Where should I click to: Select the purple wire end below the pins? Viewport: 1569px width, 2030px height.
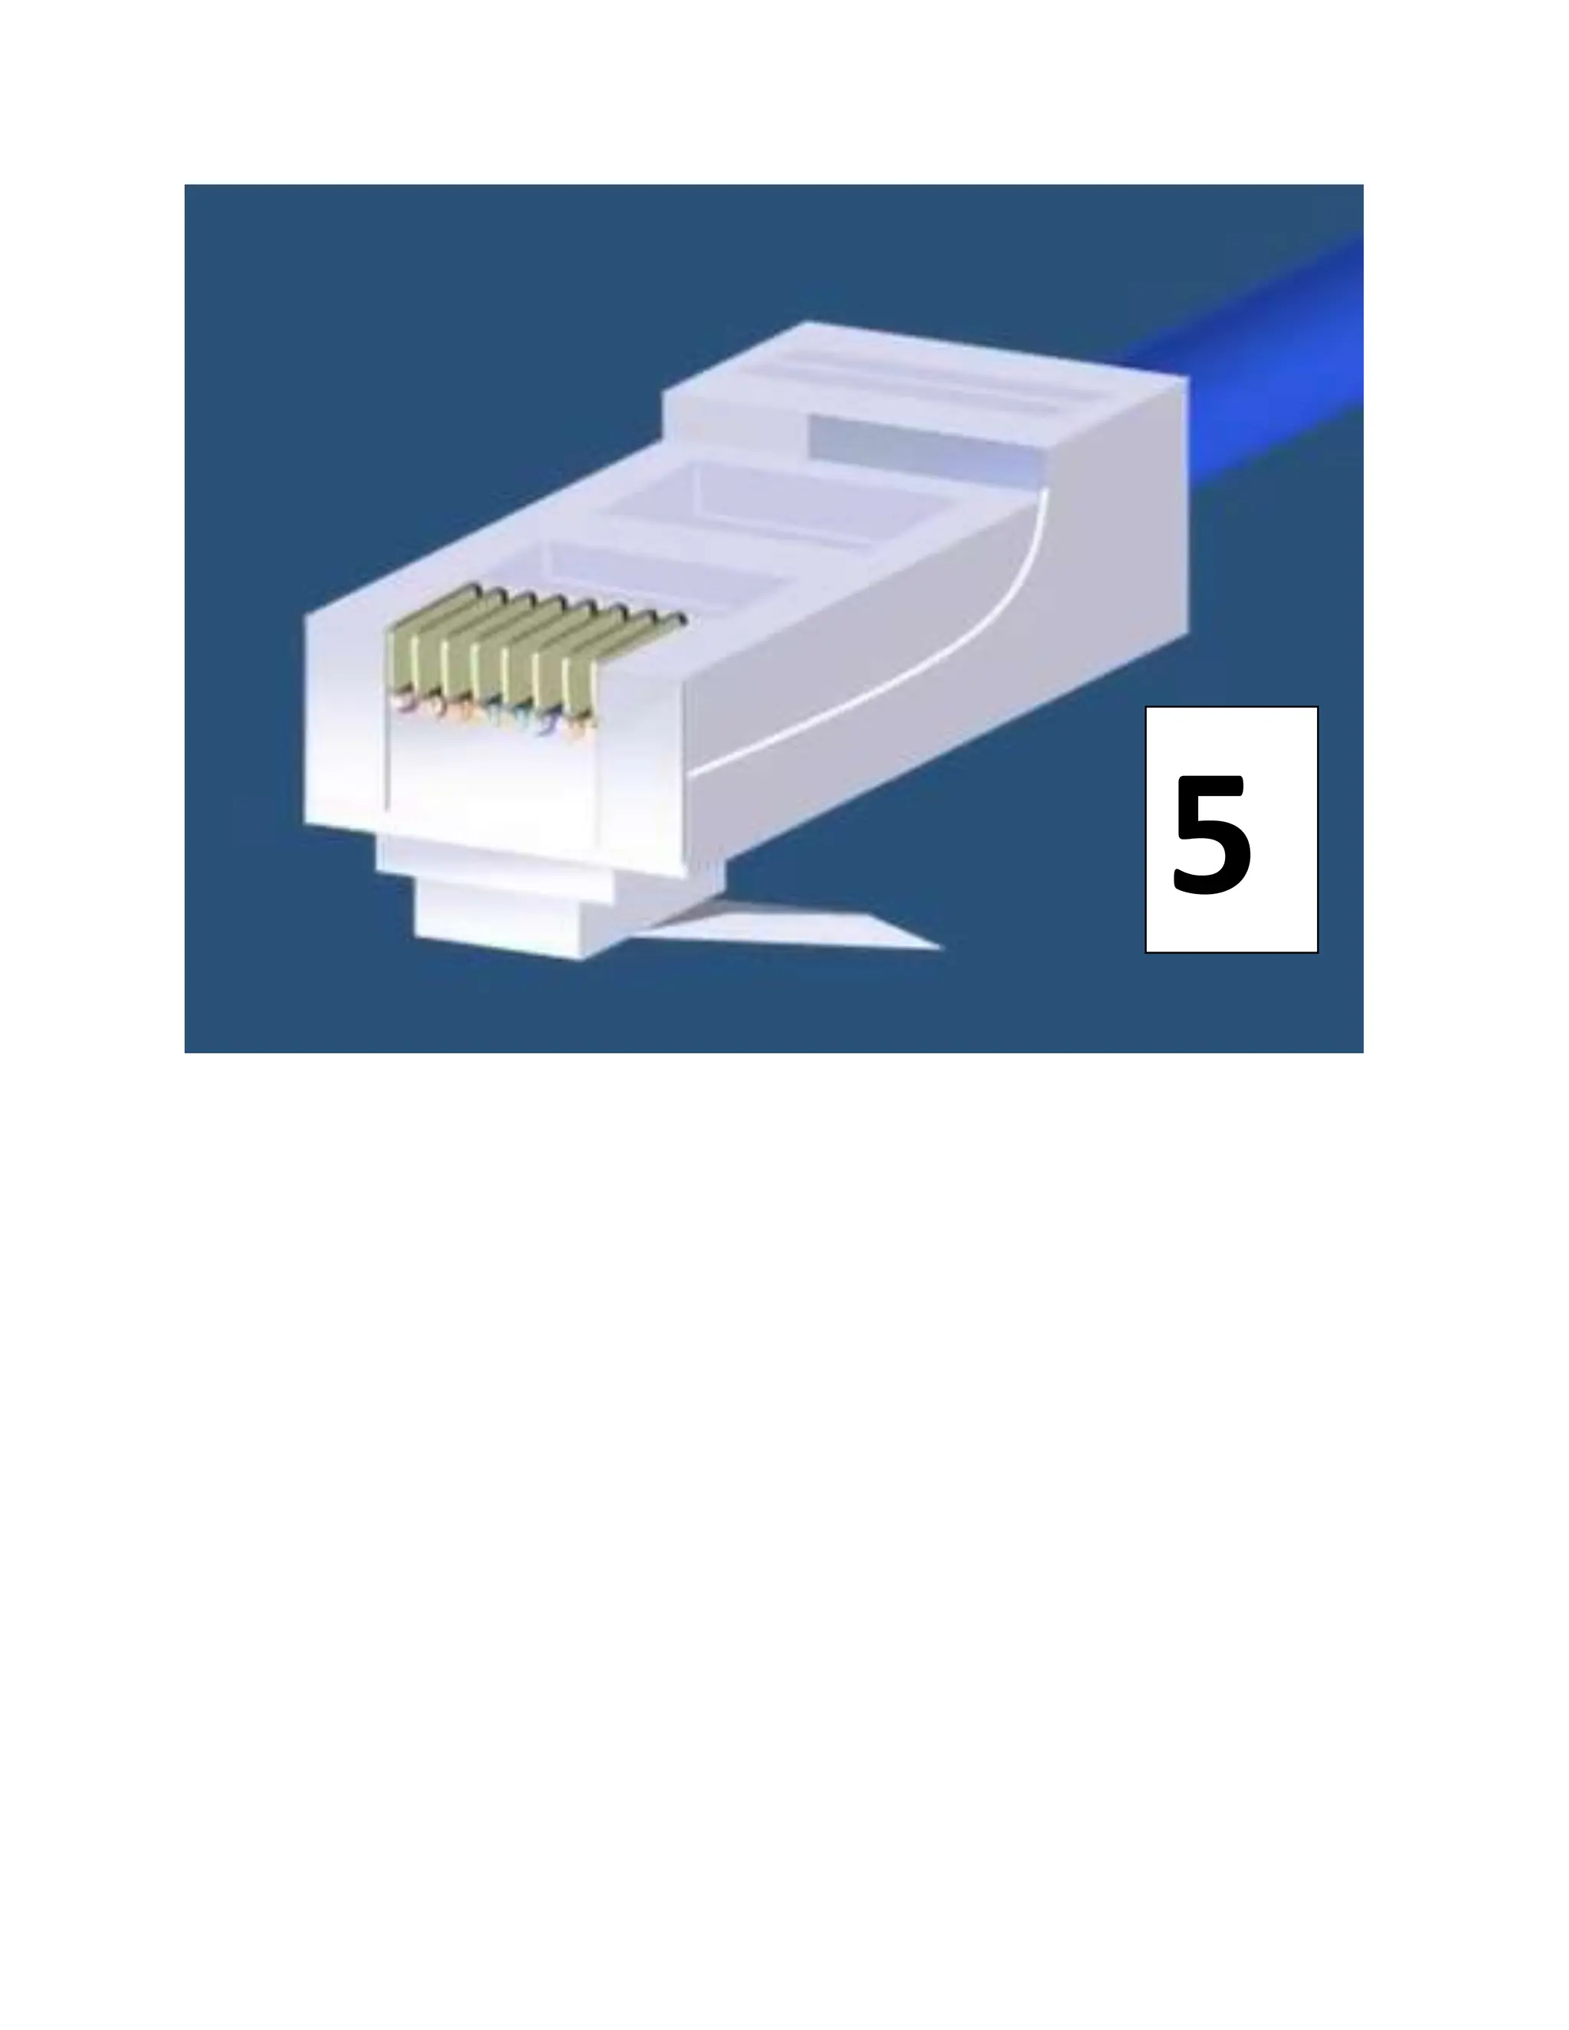pos(544,727)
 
